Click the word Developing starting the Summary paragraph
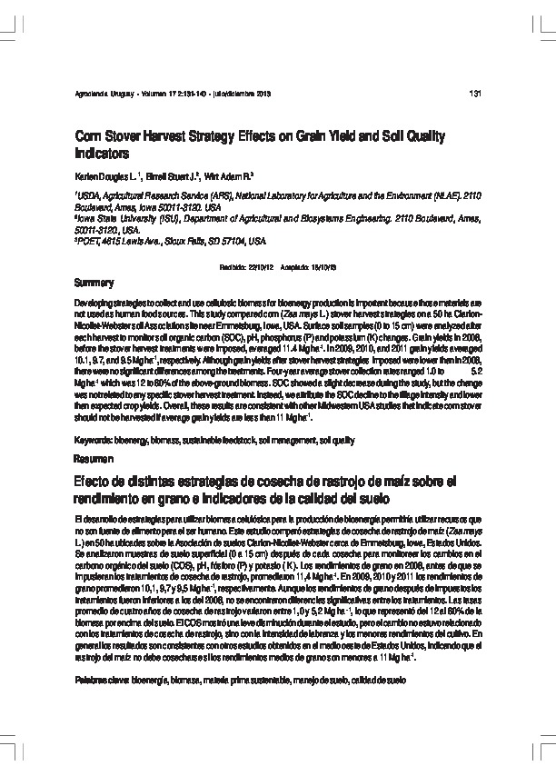click(x=94, y=299)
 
